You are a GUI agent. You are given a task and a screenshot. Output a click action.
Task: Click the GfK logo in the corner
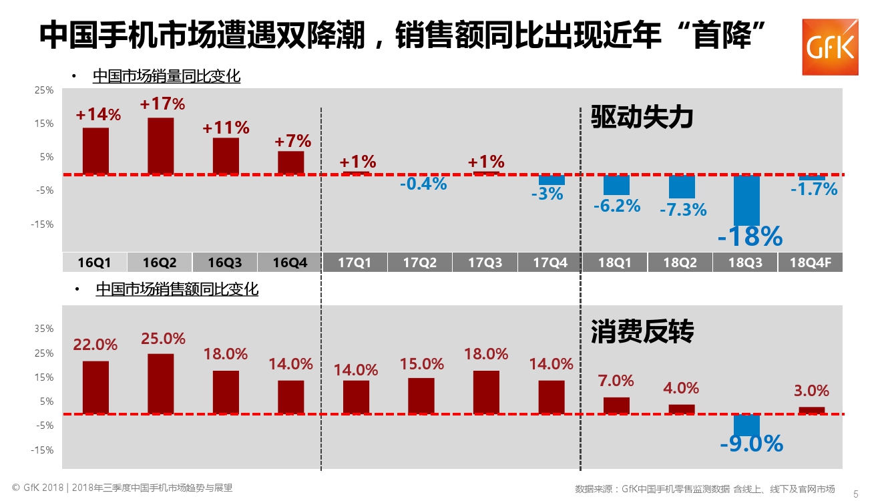[x=830, y=47]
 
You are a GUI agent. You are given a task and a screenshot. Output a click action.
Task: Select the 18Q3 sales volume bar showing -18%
[x=747, y=200]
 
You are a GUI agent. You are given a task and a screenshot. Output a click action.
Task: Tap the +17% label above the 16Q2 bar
[x=162, y=104]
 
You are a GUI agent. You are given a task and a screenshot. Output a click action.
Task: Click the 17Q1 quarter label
[x=354, y=263]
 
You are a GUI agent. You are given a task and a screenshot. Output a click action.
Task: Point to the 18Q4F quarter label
[x=810, y=263]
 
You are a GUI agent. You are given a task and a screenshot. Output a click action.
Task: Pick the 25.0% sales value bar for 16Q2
[x=161, y=383]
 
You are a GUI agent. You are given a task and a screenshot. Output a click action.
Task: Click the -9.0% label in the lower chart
[x=751, y=443]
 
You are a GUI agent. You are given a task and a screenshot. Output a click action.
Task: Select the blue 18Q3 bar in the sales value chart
[x=747, y=425]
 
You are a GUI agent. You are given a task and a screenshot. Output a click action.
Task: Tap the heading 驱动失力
[x=642, y=118]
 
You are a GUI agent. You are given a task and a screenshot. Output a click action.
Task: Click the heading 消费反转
[x=642, y=331]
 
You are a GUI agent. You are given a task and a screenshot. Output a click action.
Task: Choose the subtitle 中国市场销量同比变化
[x=166, y=76]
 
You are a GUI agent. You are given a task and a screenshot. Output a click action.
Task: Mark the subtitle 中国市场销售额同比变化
[x=177, y=289]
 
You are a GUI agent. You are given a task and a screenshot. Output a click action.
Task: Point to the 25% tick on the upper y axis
[x=44, y=90]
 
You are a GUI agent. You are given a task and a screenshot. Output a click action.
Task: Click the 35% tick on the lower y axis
[x=44, y=329]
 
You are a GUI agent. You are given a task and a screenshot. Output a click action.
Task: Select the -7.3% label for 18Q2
[x=682, y=210]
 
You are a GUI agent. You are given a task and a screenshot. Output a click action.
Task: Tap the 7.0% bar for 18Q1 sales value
[x=616, y=405]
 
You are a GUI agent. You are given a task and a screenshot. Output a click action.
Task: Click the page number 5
[x=856, y=494]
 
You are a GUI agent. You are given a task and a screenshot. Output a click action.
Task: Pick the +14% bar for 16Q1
[x=95, y=151]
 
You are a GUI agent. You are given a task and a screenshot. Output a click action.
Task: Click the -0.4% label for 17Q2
[x=423, y=184]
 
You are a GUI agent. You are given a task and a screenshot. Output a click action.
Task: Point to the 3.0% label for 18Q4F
[x=812, y=391]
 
